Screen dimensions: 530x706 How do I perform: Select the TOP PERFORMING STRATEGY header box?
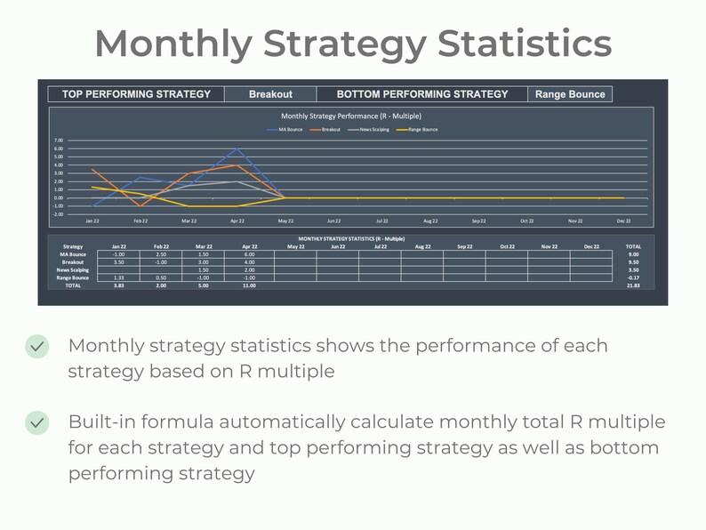click(x=136, y=94)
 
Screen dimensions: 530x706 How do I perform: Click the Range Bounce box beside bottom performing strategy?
click(x=569, y=94)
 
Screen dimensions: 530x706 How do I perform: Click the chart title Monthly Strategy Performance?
click(x=350, y=116)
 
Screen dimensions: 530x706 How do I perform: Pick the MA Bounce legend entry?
click(x=290, y=130)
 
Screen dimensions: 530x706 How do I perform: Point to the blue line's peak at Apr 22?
click(x=237, y=149)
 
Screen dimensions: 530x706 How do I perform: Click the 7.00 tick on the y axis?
click(x=58, y=141)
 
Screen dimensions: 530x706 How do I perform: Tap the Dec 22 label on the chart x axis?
click(x=623, y=221)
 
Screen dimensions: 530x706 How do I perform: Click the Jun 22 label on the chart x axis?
click(x=334, y=221)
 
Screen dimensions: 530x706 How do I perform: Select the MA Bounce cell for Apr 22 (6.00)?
click(x=249, y=254)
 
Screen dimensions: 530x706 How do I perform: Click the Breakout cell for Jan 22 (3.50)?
click(x=118, y=262)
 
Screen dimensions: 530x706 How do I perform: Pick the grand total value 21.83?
click(x=632, y=285)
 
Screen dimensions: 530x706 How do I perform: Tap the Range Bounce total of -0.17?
click(x=632, y=277)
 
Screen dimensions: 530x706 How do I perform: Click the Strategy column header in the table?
click(x=72, y=246)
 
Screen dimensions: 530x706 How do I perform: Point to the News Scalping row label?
click(x=72, y=270)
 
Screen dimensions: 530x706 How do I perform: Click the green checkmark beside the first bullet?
click(x=37, y=346)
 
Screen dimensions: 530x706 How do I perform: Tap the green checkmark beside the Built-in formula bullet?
click(x=37, y=422)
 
